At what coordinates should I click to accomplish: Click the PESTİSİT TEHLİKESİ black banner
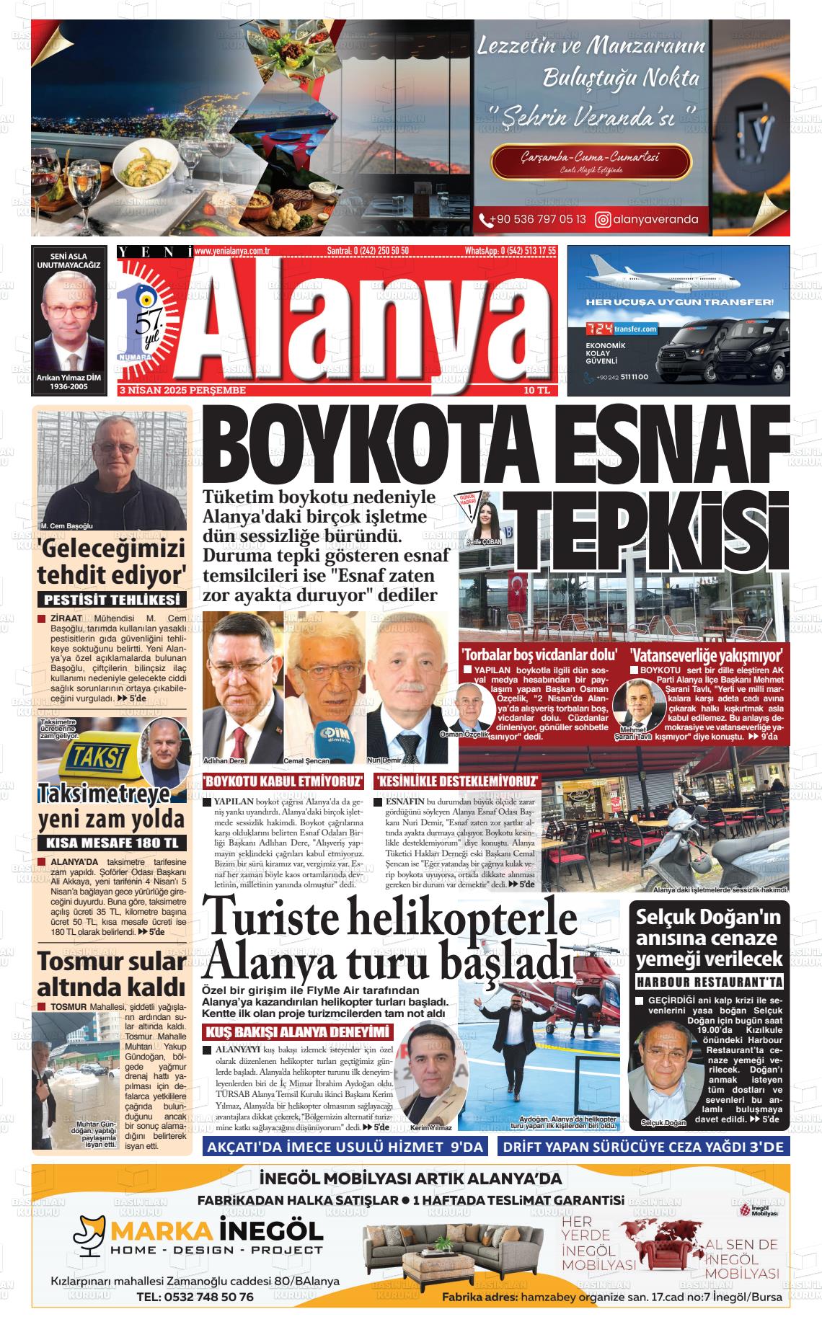[x=112, y=600]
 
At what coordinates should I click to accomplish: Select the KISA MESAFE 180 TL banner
[x=112, y=843]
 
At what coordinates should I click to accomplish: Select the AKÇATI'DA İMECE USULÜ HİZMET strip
[x=345, y=1148]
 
